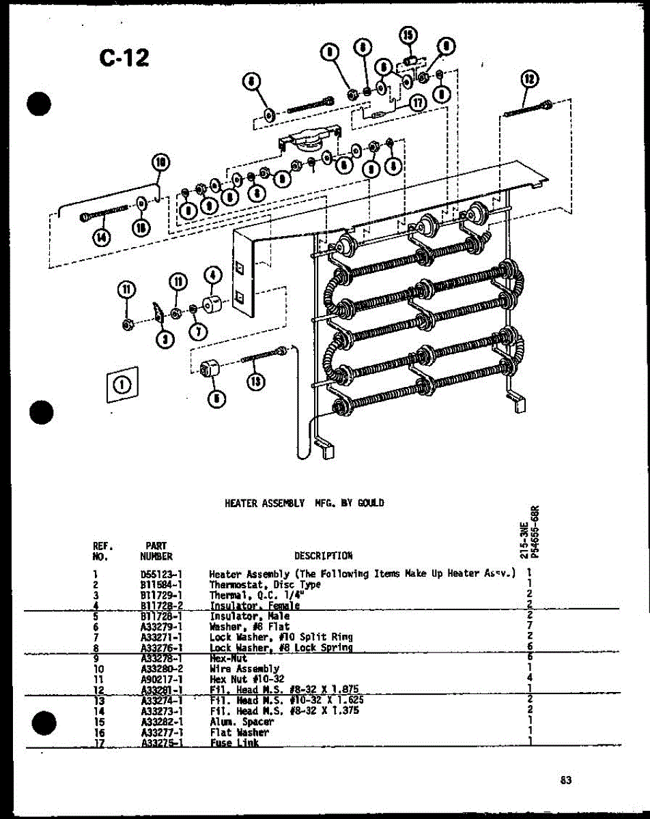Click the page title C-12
(124, 57)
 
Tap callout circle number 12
(528, 79)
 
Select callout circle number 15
(408, 37)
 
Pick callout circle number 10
(160, 162)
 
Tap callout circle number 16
(141, 227)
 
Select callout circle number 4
(212, 276)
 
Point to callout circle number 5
(216, 399)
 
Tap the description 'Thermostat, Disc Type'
(264, 585)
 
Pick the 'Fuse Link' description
(234, 743)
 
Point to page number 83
(565, 781)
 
